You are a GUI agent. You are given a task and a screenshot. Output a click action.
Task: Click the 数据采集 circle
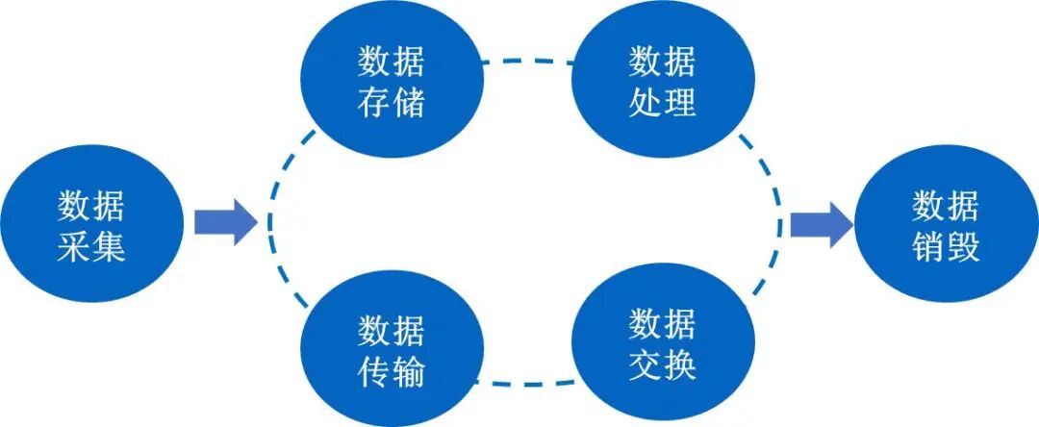[91, 227]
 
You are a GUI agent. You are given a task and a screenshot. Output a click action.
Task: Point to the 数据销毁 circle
[945, 227]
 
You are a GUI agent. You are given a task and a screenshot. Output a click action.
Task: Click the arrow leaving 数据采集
[224, 223]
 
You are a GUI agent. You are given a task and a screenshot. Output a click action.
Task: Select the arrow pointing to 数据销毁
[821, 223]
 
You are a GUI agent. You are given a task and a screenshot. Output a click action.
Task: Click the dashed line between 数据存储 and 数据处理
[526, 63]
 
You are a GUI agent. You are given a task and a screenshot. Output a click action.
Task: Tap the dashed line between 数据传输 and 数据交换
[526, 383]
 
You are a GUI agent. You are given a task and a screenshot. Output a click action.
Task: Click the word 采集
[91, 248]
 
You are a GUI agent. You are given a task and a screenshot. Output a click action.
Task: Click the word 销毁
[945, 248]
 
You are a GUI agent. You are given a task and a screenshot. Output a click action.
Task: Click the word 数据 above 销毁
[945, 206]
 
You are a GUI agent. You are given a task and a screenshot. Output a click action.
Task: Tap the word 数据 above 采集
[91, 206]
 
